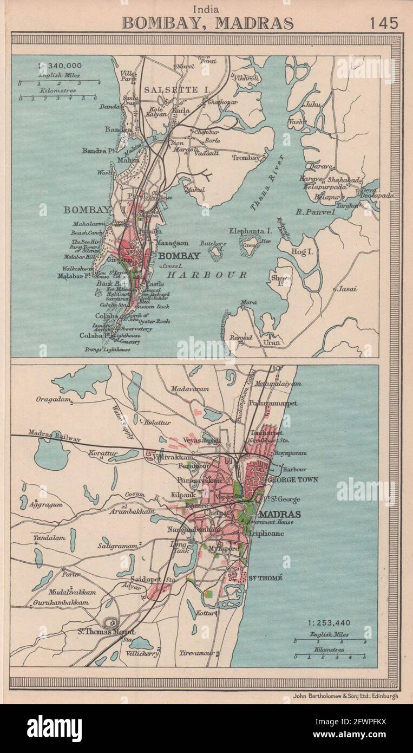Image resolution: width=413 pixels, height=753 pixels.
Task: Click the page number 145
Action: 384,23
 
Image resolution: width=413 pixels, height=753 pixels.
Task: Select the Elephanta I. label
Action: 250,231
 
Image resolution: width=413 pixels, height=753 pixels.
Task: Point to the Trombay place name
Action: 246,158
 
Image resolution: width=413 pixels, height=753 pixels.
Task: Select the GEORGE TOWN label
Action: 293,479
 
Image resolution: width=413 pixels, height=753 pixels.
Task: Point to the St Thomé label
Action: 265,578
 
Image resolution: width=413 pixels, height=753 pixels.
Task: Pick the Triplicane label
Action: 266,534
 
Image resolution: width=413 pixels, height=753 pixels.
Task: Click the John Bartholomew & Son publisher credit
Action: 340,696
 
